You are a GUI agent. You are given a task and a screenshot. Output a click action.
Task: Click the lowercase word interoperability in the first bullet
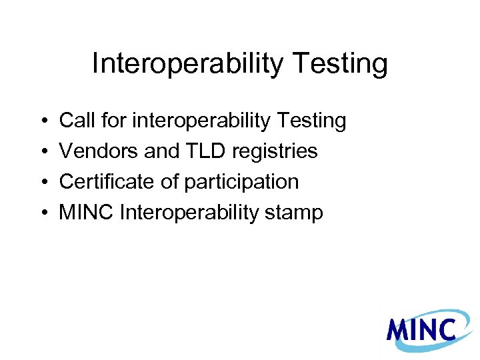pyautogui.click(x=199, y=121)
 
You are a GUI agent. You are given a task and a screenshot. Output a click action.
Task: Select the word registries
pyautogui.click(x=275, y=152)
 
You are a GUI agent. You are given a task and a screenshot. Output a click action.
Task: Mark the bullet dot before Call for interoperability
pyautogui.click(x=43, y=122)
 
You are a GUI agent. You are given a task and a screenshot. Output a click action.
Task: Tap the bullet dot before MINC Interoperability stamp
pyautogui.click(x=43, y=214)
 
